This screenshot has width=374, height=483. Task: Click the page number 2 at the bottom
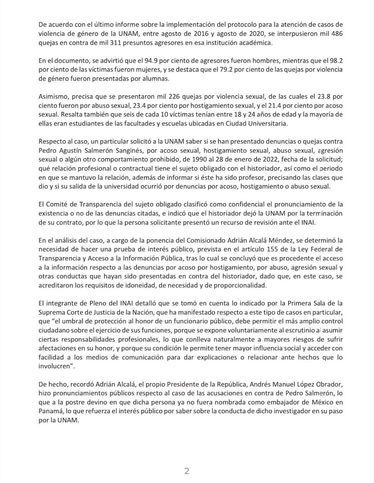point(187,471)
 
